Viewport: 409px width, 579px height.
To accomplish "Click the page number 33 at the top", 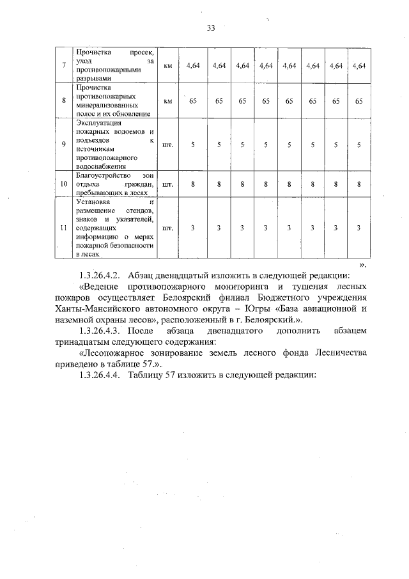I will [x=211, y=28].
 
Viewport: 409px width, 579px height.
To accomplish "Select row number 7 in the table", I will [x=63, y=65].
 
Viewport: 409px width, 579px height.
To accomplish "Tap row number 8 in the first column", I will [x=63, y=100].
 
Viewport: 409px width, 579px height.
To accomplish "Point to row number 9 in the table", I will [x=63, y=144].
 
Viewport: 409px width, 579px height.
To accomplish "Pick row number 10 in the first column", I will [x=63, y=184].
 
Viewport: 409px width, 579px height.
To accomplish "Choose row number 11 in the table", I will [x=63, y=228].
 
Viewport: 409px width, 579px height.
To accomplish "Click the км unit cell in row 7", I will [x=168, y=65].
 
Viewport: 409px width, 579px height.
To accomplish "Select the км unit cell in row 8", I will [x=168, y=100].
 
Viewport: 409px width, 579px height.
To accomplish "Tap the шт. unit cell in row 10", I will [x=168, y=184].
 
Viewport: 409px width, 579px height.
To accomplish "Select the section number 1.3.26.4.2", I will [x=100, y=275].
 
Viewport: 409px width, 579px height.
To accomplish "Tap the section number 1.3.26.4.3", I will [x=100, y=333].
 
